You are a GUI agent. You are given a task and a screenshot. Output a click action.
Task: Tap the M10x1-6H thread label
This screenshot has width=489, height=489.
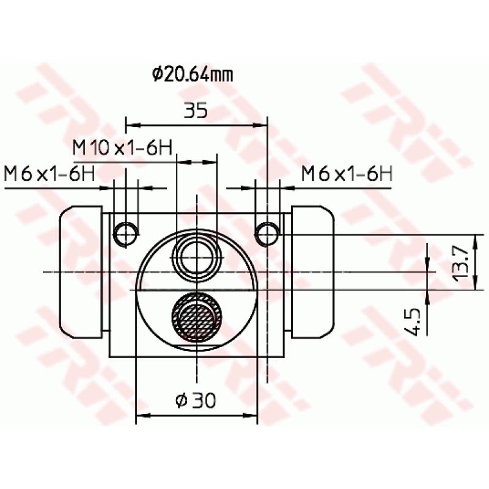122,148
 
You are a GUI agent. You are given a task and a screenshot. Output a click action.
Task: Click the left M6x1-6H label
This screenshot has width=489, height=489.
49,174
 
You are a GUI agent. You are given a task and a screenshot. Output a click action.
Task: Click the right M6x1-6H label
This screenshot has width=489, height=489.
346,174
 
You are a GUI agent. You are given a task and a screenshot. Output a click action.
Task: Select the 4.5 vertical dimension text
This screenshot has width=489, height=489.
411,321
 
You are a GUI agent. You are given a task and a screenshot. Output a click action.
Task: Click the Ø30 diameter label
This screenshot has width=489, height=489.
196,400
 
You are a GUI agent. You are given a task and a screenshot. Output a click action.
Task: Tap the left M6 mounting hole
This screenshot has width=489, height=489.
126,233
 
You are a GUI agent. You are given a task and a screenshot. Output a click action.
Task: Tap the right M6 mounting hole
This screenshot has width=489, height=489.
268,233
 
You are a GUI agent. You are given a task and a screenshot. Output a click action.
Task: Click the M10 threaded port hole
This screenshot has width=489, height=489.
197,254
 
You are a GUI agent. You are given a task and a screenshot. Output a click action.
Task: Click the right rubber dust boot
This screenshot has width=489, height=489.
313,271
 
